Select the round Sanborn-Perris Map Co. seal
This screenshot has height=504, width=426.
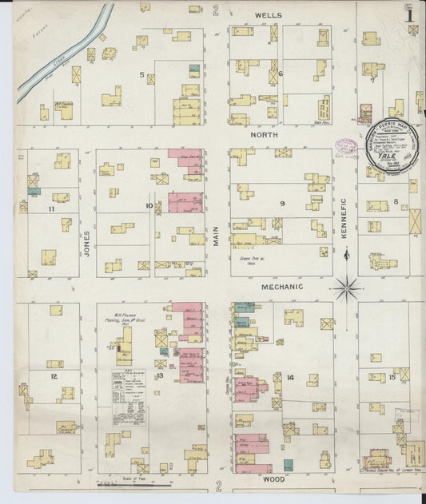pyautogui.click(x=386, y=144)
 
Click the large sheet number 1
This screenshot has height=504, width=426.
pyautogui.click(x=408, y=14)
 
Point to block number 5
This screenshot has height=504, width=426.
pyautogui.click(x=142, y=76)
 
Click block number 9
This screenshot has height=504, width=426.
pyautogui.click(x=281, y=204)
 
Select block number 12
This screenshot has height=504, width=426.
pyautogui.click(x=54, y=375)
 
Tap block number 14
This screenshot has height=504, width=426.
pyautogui.click(x=290, y=377)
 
